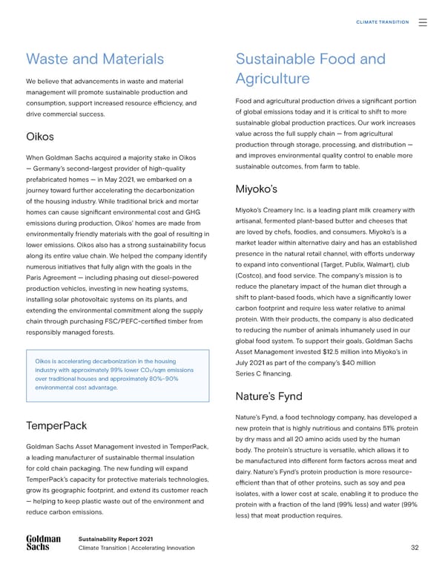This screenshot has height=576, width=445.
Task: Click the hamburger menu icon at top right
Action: pyautogui.click(x=423, y=22)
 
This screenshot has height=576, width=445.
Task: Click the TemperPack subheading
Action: pyautogui.click(x=56, y=426)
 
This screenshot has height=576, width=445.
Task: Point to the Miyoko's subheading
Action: pyautogui.click(x=256, y=187)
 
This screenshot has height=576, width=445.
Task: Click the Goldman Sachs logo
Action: pyautogui.click(x=42, y=543)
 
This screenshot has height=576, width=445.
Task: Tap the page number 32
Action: pyautogui.click(x=414, y=548)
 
